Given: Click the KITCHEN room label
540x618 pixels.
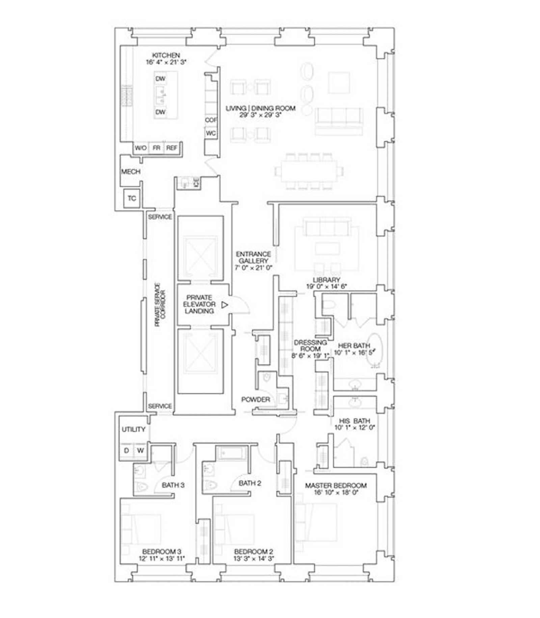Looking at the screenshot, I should point(166,55).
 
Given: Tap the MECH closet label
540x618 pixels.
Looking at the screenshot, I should point(131,171).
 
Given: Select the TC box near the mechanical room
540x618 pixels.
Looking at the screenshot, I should point(132,198).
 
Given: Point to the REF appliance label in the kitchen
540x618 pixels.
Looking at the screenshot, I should point(171,148).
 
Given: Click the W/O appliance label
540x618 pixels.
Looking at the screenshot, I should point(140,148).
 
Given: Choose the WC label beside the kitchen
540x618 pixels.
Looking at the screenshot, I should point(211,133).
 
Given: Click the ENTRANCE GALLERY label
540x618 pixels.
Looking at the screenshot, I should point(253,257).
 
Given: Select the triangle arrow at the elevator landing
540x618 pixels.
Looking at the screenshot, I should point(224,305).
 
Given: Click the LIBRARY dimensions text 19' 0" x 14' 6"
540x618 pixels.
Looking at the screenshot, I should point(326,287).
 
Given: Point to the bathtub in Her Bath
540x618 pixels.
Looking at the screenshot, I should point(374,350).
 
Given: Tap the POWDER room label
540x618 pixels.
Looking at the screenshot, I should point(255,399).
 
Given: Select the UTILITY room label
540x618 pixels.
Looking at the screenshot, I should point(133,429).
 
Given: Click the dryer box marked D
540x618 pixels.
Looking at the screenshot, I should point(126,450).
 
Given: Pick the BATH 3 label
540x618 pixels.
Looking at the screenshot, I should point(173,485).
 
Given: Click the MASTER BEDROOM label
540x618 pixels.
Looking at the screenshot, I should point(335,485).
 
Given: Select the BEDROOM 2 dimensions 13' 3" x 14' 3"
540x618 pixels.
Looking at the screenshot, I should point(253,559).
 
